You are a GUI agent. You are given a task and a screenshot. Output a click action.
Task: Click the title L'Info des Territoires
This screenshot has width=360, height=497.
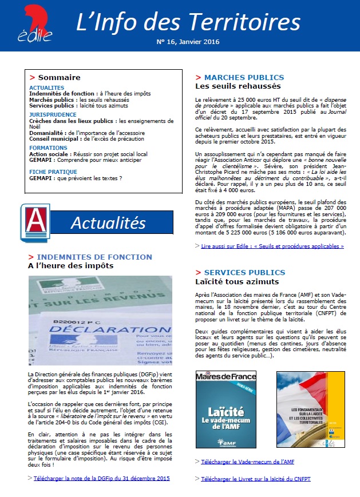pos(188,21)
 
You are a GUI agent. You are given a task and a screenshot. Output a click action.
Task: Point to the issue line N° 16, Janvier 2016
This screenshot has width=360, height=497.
pos(188,42)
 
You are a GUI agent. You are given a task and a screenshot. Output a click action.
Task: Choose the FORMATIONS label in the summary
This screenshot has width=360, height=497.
pos(48,148)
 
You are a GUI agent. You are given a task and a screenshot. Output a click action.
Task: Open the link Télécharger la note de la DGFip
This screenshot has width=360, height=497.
pos(101,478)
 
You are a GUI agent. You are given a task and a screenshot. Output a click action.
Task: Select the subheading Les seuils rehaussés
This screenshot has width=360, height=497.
pos(238,86)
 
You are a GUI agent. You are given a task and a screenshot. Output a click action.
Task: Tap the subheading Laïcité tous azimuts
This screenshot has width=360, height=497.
pos(237,281)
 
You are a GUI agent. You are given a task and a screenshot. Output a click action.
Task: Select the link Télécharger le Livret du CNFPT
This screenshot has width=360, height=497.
pos(255,479)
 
